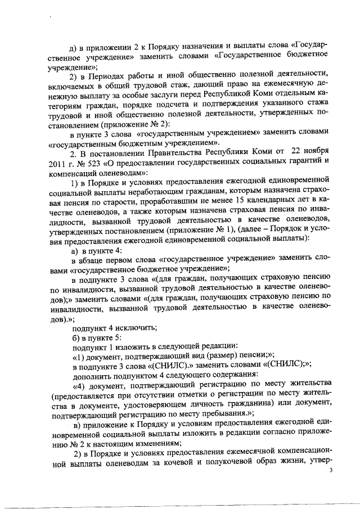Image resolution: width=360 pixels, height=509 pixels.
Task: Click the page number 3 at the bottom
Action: click(331, 470)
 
